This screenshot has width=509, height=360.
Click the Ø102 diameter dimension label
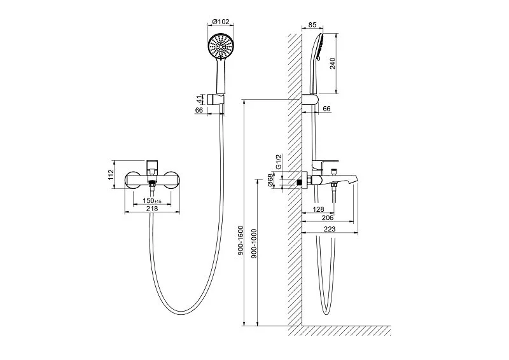pyautogui.click(x=221, y=22)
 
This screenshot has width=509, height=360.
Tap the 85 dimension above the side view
pyautogui.click(x=312, y=25)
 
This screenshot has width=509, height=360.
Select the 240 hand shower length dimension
pyautogui.click(x=332, y=64)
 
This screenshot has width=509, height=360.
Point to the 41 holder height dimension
pyautogui.click(x=199, y=99)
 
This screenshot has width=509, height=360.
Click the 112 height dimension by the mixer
pyautogui.click(x=111, y=175)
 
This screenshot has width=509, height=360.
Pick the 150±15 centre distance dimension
pyautogui.click(x=152, y=200)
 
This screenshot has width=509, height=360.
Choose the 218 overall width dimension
pyautogui.click(x=152, y=209)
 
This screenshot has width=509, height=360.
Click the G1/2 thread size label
pyautogui.click(x=279, y=162)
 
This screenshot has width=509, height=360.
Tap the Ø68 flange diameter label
pyautogui.click(x=270, y=179)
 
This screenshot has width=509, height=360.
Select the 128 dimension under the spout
pyautogui.click(x=318, y=209)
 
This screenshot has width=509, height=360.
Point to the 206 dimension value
pyautogui.click(x=328, y=218)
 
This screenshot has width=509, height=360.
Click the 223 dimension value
pyautogui.click(x=330, y=229)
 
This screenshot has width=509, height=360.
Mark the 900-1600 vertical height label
pyautogui.click(x=241, y=240)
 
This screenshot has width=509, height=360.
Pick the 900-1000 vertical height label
pyautogui.click(x=254, y=244)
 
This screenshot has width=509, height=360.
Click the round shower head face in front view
pyautogui.click(x=220, y=46)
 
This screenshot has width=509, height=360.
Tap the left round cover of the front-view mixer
pyautogui.click(x=133, y=180)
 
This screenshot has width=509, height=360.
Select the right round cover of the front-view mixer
pyautogui.click(x=171, y=180)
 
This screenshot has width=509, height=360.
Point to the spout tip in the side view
pyautogui.click(x=356, y=178)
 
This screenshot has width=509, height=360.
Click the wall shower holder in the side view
pyautogui.click(x=310, y=100)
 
